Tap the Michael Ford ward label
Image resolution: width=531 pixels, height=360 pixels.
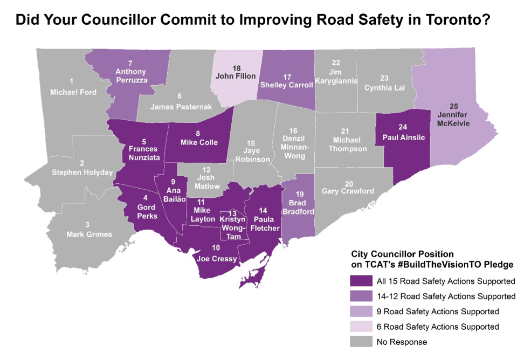[x=73, y=92]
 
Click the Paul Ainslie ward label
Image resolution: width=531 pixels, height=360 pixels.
[x=404, y=137]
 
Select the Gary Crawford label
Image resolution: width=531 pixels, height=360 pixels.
[x=348, y=191]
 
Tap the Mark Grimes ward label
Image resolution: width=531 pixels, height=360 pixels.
[x=89, y=234]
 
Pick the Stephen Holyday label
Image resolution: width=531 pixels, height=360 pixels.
[x=82, y=172]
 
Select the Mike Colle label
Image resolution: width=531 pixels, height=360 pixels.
[x=198, y=142]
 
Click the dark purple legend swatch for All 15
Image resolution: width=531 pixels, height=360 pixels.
[x=361, y=281]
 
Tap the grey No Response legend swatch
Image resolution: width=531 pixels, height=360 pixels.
[x=361, y=342]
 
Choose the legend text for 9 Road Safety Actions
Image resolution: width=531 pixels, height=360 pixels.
[x=437, y=311]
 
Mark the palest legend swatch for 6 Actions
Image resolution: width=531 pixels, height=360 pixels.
[x=361, y=327]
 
